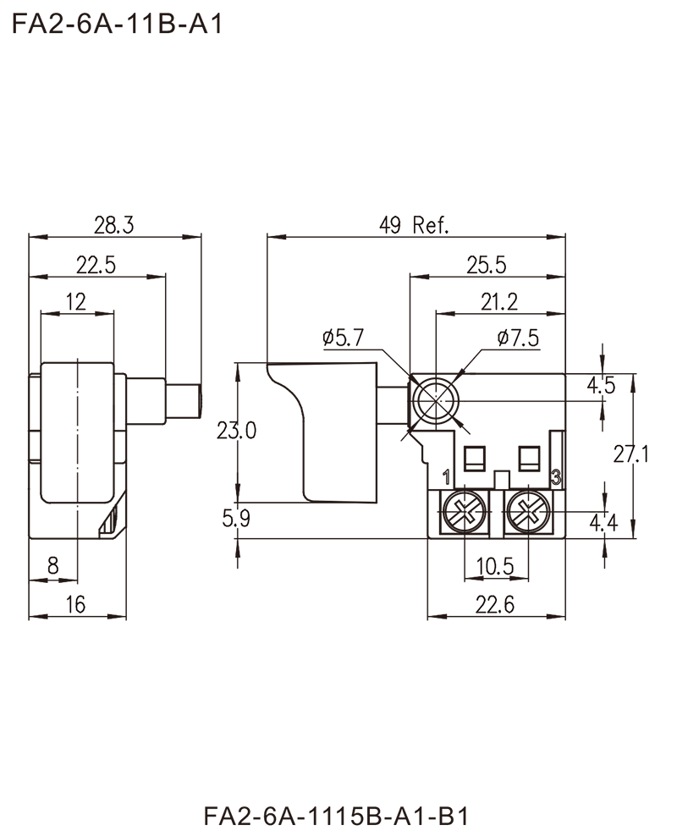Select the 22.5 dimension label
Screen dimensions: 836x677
(x=97, y=263)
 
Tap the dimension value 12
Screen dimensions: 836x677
(x=79, y=299)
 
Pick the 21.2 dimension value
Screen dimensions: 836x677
(x=501, y=299)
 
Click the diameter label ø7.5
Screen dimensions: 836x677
(x=518, y=338)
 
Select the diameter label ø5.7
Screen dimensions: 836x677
(x=344, y=338)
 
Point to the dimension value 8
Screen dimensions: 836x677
(x=52, y=562)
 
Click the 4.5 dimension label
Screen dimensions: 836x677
(x=602, y=388)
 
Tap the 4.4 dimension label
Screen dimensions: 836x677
(x=603, y=525)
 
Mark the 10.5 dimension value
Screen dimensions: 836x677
(x=499, y=562)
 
